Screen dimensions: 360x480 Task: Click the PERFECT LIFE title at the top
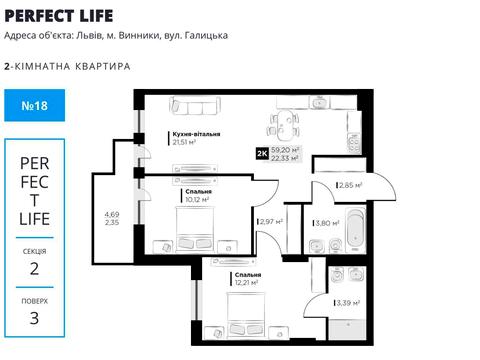58,15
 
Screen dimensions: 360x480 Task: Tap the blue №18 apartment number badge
34,111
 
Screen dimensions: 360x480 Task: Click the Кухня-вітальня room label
196,133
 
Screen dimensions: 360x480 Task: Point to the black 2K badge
262,153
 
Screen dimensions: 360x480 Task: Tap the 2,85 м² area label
348,185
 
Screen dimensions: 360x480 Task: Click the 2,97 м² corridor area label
271,221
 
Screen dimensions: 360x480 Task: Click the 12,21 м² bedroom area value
245,282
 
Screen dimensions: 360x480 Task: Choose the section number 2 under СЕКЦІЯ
34,267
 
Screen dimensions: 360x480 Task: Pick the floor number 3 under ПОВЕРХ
34,318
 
